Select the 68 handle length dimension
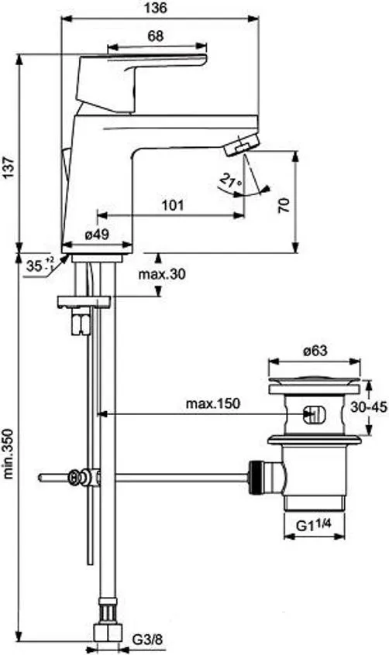point(155,36)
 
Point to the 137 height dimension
point(9,169)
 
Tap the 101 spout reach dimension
point(173,205)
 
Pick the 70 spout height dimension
point(284,205)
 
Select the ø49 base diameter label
point(97,235)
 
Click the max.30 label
point(162,274)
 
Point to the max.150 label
point(213,403)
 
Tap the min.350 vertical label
point(9,453)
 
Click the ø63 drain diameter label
point(315,351)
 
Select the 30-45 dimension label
point(369,406)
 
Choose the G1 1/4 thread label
point(314,524)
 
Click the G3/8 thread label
point(146,639)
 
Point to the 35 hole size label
point(40,265)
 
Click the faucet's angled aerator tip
point(241,144)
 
